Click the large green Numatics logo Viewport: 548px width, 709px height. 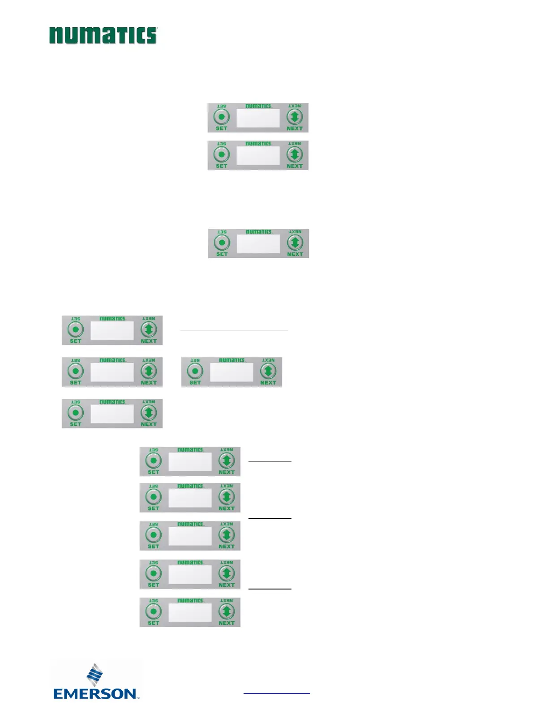tap(103, 35)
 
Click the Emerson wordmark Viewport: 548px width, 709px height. tap(95, 694)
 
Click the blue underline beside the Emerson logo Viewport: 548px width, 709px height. tap(277, 694)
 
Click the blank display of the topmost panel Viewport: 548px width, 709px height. tap(258, 118)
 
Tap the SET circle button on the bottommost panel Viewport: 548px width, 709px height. tap(154, 611)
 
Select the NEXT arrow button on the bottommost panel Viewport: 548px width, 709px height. tap(227, 611)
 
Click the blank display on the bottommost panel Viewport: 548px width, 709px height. tap(190, 612)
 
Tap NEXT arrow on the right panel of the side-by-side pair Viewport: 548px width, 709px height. tap(268, 371)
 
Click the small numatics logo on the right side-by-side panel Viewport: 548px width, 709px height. tap(232, 360)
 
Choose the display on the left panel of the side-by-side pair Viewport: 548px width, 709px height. tap(112, 372)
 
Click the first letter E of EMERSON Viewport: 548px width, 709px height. tap(59, 694)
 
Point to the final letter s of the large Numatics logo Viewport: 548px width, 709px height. tap(151, 36)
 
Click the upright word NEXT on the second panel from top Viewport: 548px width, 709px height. tap(295, 166)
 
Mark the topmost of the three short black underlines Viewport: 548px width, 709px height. tap(270, 461)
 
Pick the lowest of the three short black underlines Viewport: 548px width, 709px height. tap(270, 589)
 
